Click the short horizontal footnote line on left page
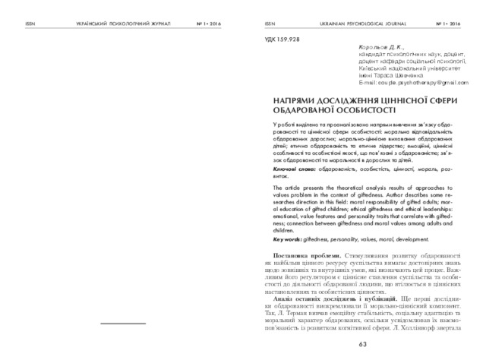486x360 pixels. coord(123,323)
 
